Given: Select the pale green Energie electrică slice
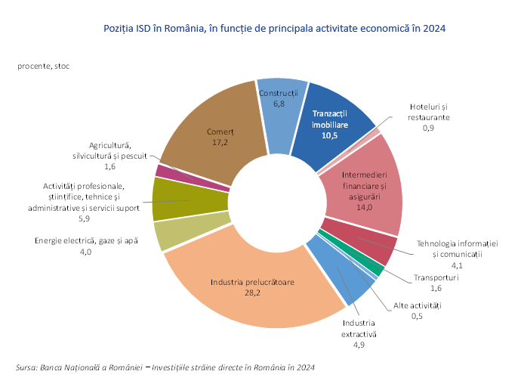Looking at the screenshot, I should point(171,233).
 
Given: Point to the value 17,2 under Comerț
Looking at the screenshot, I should point(220,141).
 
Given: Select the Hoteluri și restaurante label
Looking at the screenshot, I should point(428,113).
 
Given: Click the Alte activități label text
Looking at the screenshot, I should point(417,305).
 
